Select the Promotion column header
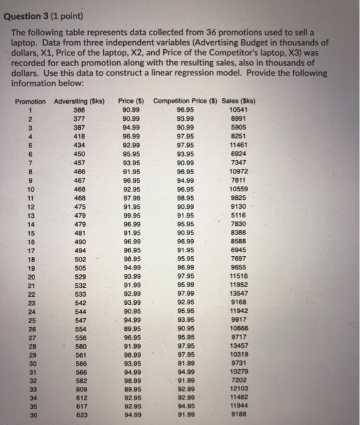(30, 101)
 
